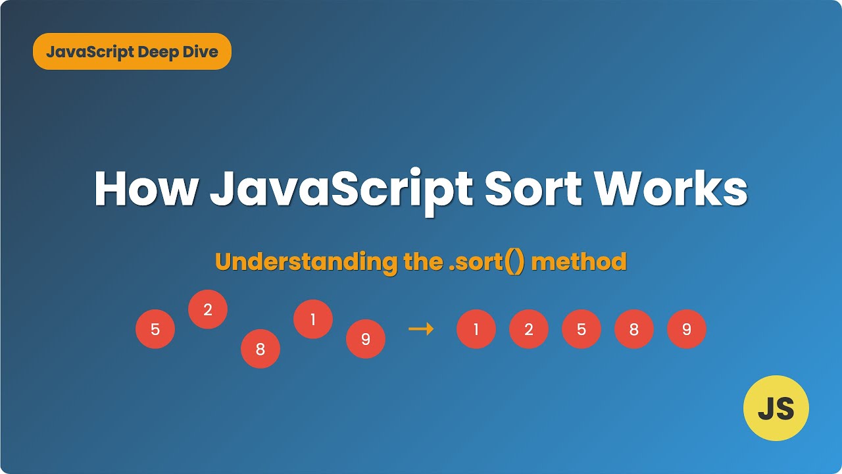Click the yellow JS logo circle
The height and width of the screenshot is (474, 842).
pyautogui.click(x=776, y=408)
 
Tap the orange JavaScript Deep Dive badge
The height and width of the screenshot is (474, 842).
pyautogui.click(x=132, y=51)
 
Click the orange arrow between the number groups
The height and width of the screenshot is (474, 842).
pyautogui.click(x=421, y=329)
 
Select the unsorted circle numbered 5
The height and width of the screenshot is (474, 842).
pyautogui.click(x=155, y=329)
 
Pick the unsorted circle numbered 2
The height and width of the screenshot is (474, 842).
pyautogui.click(x=208, y=309)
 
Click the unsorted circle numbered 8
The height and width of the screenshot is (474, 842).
pyautogui.click(x=260, y=349)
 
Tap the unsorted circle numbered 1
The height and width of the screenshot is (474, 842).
pyautogui.click(x=313, y=319)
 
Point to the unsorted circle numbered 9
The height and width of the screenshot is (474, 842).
pyautogui.click(x=366, y=339)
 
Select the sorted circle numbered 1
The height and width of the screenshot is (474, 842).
pyautogui.click(x=476, y=329)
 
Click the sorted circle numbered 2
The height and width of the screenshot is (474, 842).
pyautogui.click(x=529, y=329)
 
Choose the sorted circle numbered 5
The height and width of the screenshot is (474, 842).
pyautogui.click(x=582, y=329)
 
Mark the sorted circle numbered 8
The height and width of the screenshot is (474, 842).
pyautogui.click(x=634, y=329)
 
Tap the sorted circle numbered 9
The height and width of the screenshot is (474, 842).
pyautogui.click(x=687, y=329)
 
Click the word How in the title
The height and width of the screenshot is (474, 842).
pyautogui.click(x=146, y=190)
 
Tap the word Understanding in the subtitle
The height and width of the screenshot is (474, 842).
pyautogui.click(x=305, y=262)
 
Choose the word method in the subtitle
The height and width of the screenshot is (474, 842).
pyautogui.click(x=579, y=262)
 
